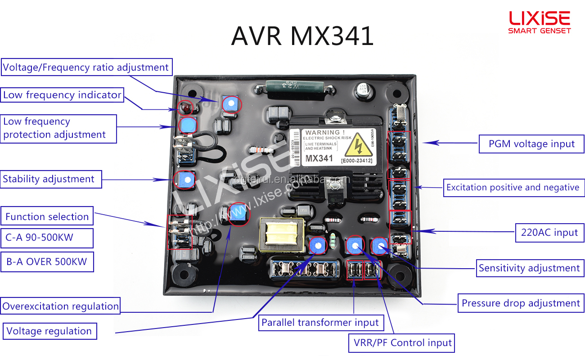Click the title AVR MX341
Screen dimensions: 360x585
[302, 36]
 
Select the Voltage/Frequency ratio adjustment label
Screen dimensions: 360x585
[86, 67]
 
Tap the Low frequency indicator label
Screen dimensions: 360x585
[62, 95]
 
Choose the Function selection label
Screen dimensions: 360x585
[47, 216]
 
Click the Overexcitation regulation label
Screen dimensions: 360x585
[60, 306]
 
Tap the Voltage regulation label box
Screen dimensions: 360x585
[49, 332]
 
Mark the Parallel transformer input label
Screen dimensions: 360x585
[320, 323]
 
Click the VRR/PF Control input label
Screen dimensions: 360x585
[401, 343]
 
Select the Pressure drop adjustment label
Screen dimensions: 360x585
[521, 303]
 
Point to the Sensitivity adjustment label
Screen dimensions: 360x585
[529, 268]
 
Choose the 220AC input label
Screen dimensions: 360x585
[549, 233]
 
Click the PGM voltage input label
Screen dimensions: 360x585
[531, 144]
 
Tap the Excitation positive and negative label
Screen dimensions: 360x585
[513, 188]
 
